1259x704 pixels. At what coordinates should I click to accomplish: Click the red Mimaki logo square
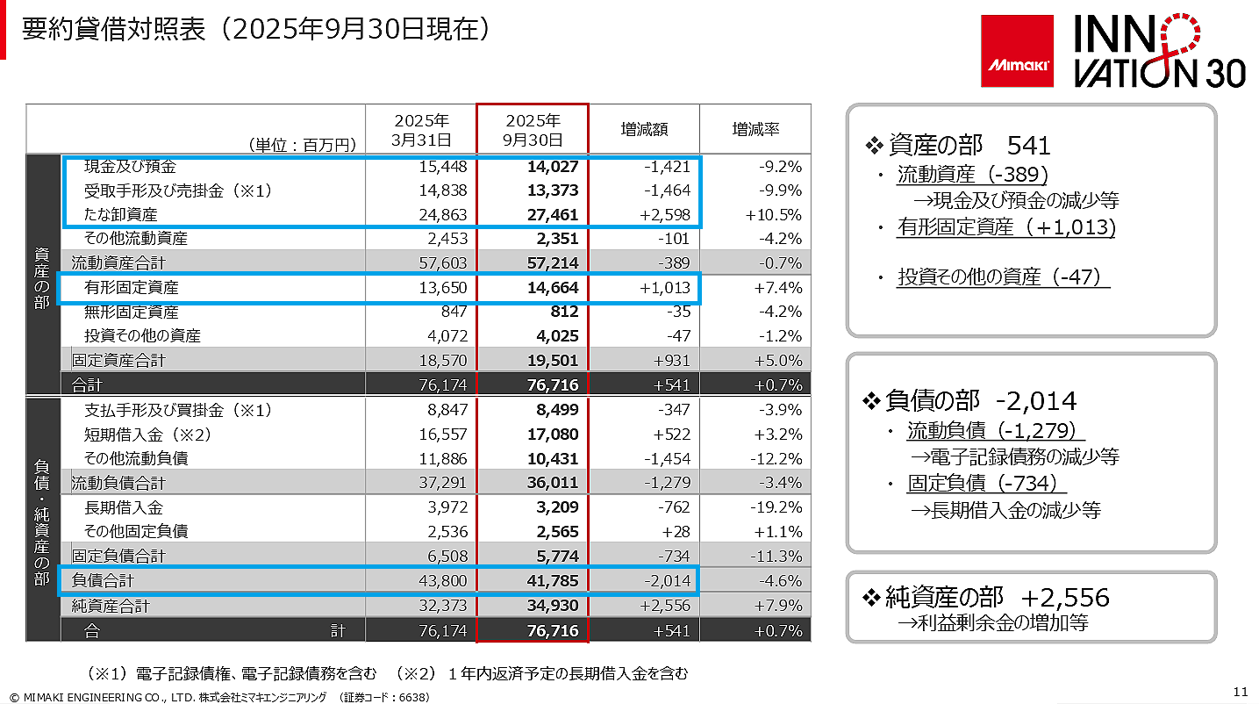1018,52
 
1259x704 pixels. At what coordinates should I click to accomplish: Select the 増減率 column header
755,129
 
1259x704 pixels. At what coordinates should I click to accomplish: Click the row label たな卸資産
121,214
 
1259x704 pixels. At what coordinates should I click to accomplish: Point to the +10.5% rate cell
775,215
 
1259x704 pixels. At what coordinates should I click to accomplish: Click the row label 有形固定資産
132,287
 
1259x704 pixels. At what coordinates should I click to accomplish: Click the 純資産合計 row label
111,606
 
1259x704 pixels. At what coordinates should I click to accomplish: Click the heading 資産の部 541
957,145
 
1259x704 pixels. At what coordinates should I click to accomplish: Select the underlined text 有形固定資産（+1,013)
1006,228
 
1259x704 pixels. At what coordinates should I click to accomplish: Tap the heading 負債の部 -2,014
969,401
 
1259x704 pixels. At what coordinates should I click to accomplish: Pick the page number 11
1240,690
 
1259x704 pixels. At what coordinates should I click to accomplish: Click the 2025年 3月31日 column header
422,129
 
